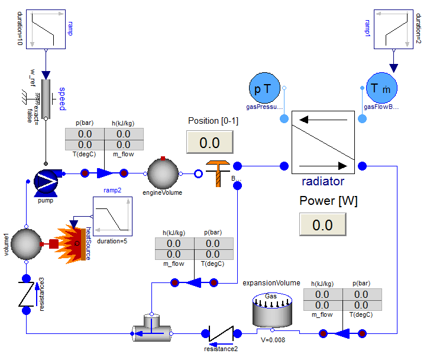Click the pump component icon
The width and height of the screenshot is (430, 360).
tap(45, 181)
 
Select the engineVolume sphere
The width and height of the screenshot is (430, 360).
tap(163, 174)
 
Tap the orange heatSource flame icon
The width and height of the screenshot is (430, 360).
tap(73, 242)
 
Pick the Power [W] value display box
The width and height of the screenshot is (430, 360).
tap(323, 225)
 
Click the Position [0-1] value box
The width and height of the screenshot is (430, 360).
tap(209, 143)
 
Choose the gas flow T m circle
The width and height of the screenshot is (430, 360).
tap(382, 89)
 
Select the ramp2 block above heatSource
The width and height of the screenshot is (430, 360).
tap(112, 216)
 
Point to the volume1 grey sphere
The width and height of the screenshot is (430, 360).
tap(27, 243)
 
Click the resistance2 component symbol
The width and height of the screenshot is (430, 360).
tap(221, 334)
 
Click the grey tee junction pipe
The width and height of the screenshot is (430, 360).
tap(151, 333)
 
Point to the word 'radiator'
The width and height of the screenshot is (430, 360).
tap(323, 181)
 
